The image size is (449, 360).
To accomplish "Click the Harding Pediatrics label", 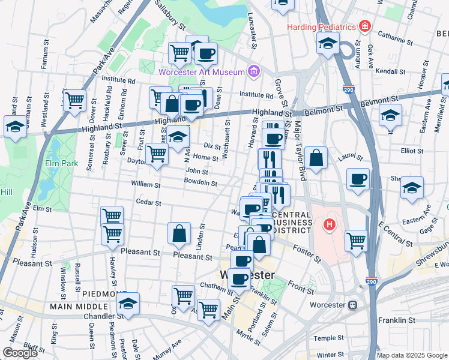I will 321,27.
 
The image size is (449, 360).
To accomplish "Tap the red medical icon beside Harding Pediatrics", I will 364,26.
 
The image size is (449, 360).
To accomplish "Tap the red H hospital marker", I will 329,226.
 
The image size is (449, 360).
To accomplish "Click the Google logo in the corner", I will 20,353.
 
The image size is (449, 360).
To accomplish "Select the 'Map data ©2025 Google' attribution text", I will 412,355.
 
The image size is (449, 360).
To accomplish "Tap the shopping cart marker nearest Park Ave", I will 74,101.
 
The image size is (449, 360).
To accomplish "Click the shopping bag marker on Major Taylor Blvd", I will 316,158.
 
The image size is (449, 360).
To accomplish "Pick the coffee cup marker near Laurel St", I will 358,179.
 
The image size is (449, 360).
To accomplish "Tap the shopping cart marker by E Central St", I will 357,240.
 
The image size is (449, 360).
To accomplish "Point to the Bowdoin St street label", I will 200,182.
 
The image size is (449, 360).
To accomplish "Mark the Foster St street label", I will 307,250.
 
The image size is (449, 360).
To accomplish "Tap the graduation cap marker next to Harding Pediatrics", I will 328,43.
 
